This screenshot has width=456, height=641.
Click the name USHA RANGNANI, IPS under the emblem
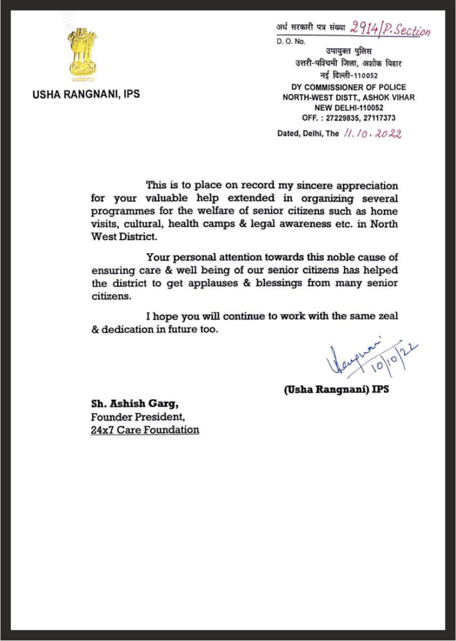tap(86, 94)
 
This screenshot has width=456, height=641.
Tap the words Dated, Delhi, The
tap(308, 133)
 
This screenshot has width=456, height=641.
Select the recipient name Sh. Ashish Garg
tap(129, 404)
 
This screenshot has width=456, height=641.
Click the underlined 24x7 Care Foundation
tap(145, 430)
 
